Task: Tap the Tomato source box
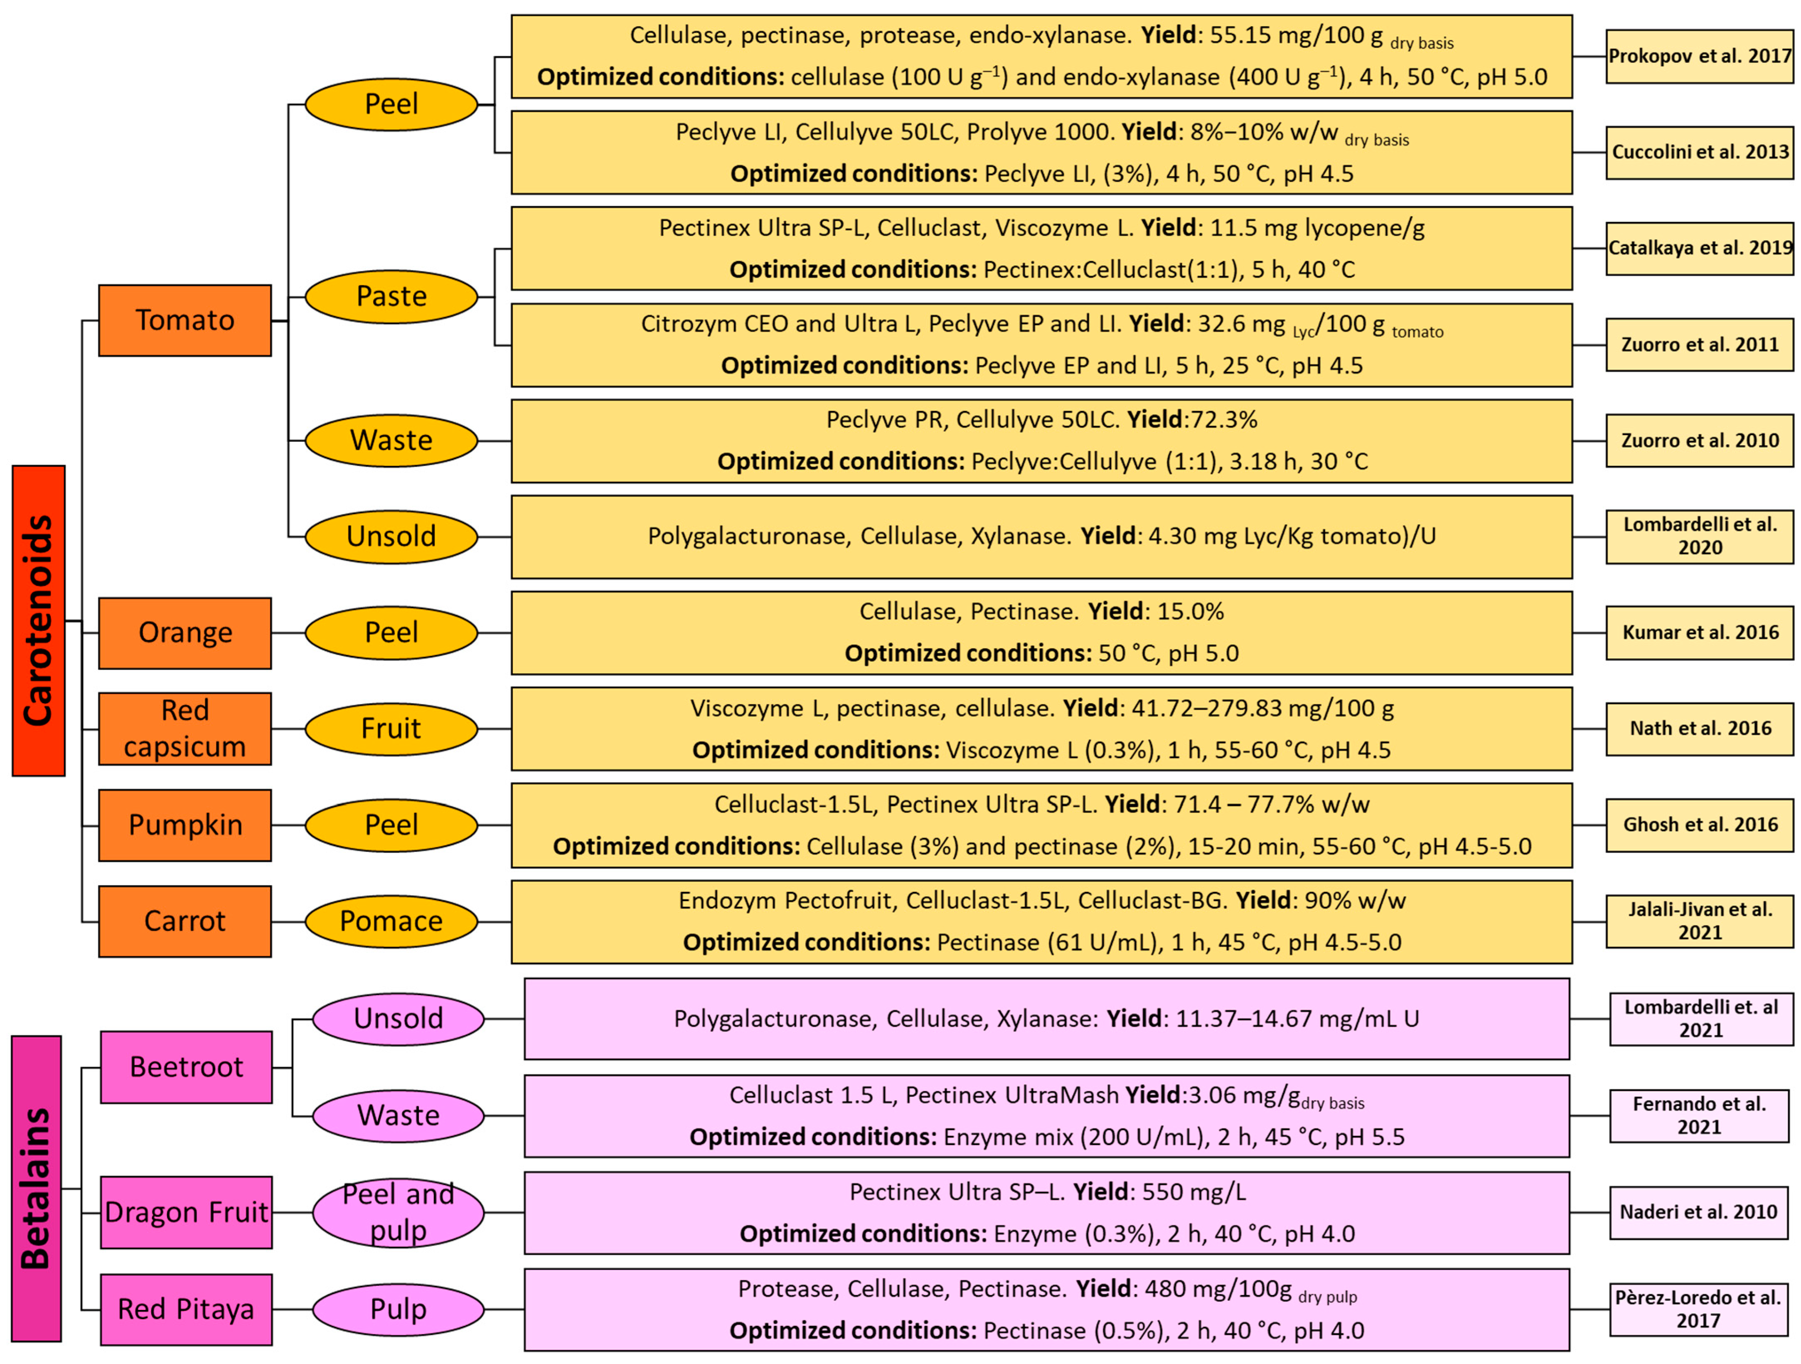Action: pos(185,320)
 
